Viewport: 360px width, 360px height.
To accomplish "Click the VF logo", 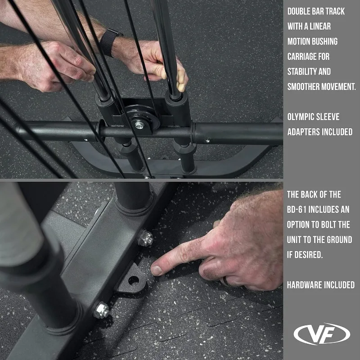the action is (322, 334).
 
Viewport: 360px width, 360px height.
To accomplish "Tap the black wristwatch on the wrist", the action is (110, 41).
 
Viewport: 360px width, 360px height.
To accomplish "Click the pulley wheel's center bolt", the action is (139, 125).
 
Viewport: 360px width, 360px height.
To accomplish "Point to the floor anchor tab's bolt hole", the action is (133, 280).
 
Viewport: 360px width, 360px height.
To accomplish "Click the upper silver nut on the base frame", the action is (145, 238).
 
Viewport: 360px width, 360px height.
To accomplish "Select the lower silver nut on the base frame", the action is (101, 310).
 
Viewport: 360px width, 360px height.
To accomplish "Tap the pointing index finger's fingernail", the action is (157, 270).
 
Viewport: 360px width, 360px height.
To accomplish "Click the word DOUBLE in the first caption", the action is (300, 11).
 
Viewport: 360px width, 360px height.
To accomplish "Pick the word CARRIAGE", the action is (300, 57).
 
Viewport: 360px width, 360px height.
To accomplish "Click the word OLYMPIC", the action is (301, 117).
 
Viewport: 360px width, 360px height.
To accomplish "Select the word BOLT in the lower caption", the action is (328, 225).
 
